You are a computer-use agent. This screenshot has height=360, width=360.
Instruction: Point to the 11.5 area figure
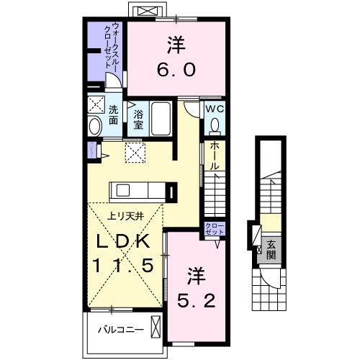pos(122,266)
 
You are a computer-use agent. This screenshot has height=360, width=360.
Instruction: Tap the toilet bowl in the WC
pos(215,126)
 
